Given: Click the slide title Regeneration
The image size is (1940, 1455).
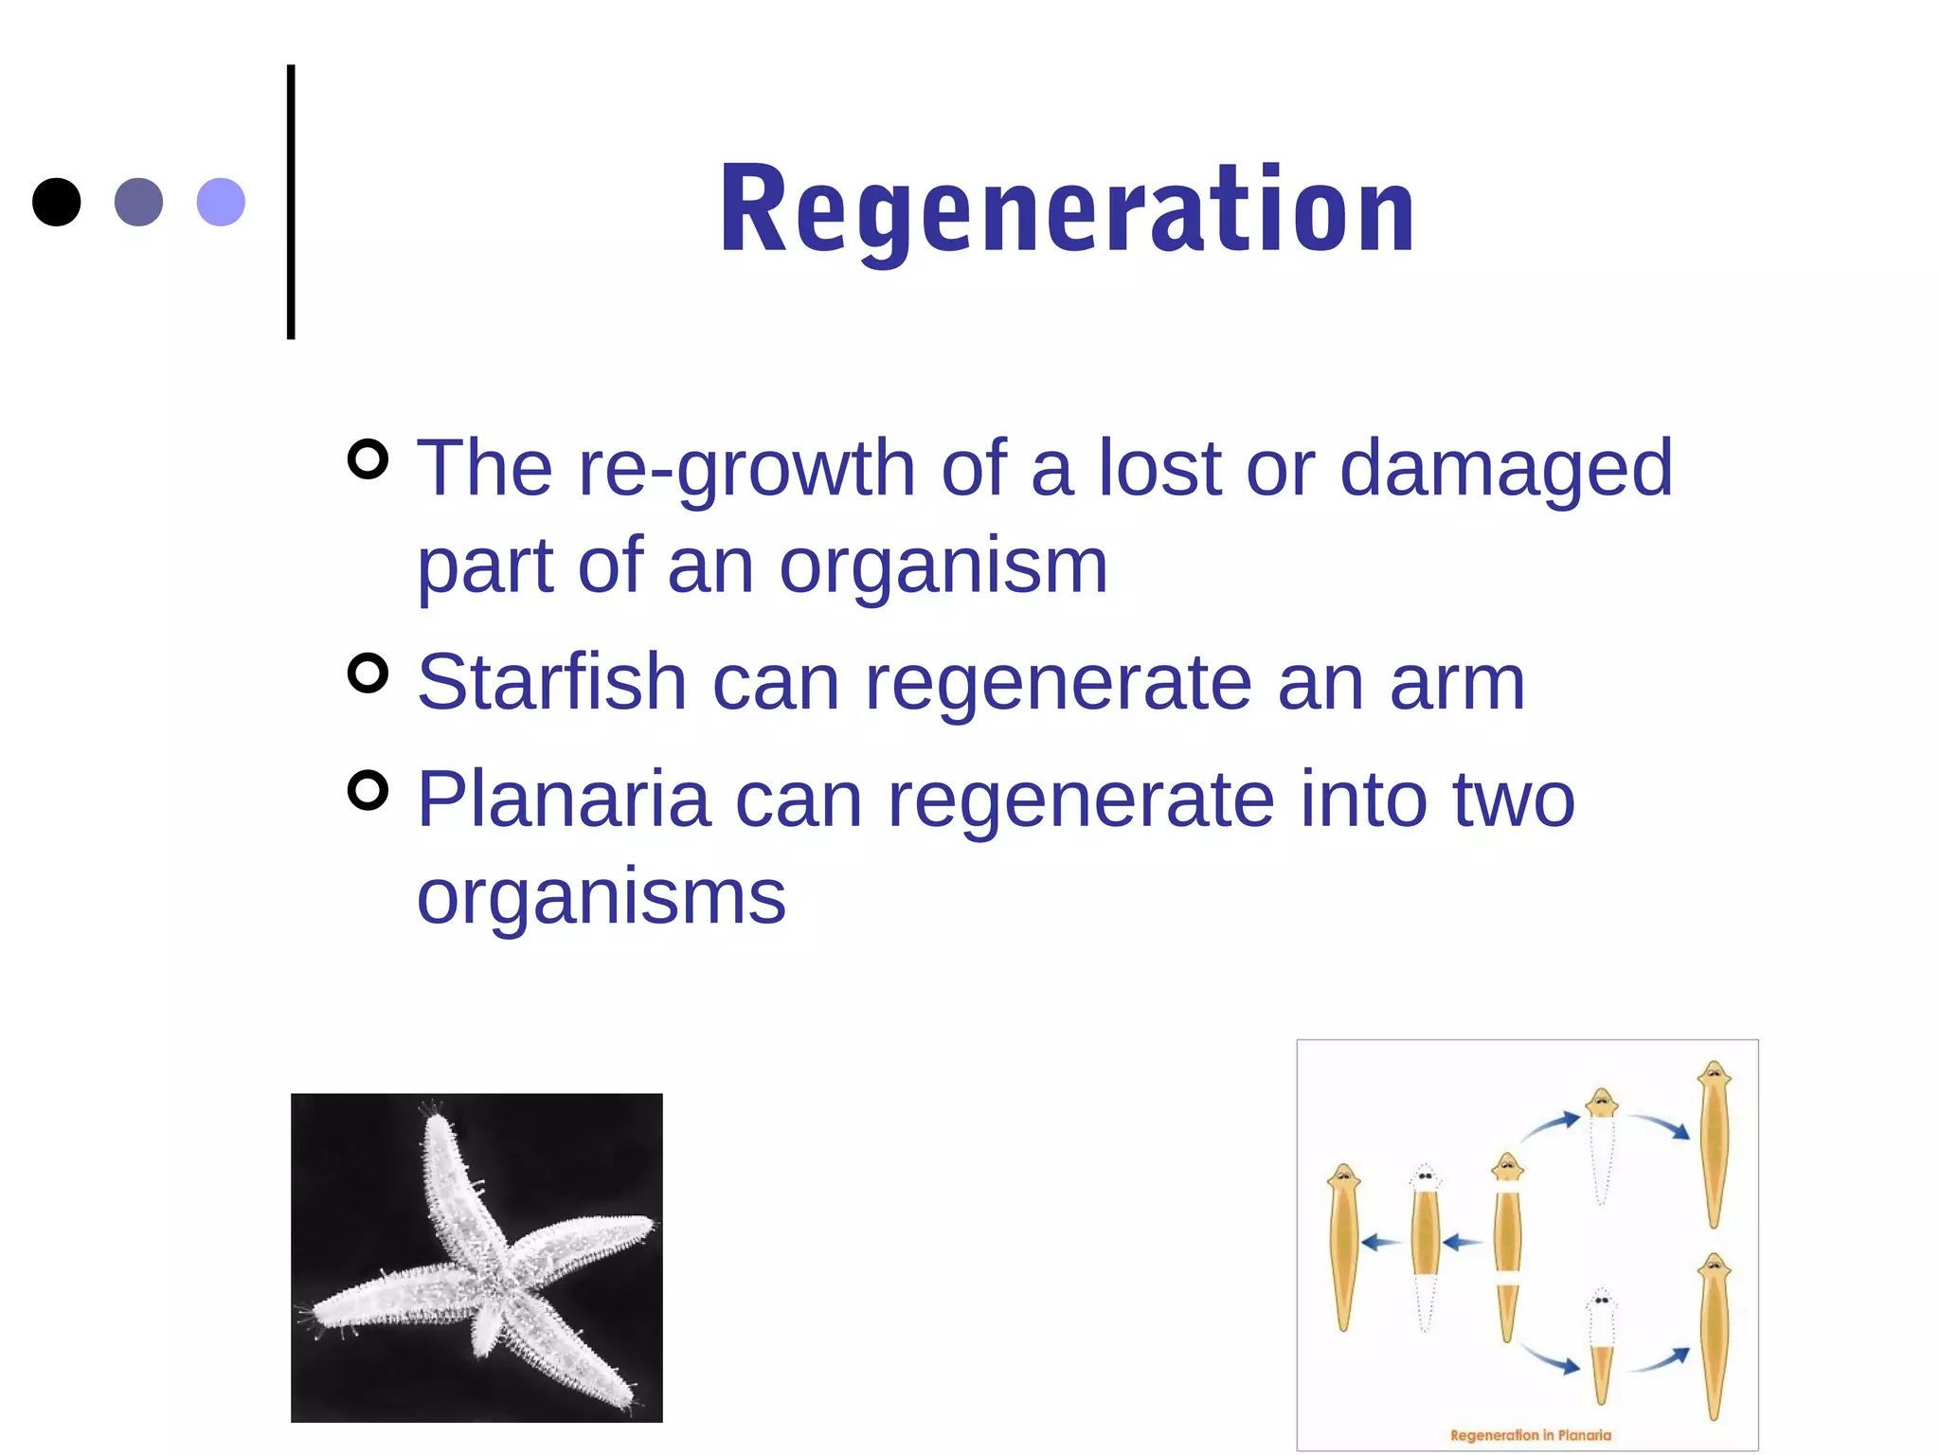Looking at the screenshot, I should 1068,209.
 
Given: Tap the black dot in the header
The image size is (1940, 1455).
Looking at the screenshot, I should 57,202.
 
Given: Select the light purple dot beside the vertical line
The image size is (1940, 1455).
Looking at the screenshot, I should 221,202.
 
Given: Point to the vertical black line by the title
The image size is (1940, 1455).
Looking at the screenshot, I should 291,202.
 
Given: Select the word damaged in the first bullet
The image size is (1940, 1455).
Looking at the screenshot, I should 1506,469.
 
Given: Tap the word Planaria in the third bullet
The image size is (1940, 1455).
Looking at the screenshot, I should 564,799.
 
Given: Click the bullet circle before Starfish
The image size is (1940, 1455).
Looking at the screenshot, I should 368,674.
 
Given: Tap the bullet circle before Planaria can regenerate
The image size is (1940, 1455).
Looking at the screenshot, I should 368,791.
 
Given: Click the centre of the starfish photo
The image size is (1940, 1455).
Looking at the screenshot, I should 476,1258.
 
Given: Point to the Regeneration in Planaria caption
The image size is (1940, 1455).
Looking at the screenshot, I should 1530,1434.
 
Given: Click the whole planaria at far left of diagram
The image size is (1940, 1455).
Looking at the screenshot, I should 1343,1246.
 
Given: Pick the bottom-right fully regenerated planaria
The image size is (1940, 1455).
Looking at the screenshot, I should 1714,1336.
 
